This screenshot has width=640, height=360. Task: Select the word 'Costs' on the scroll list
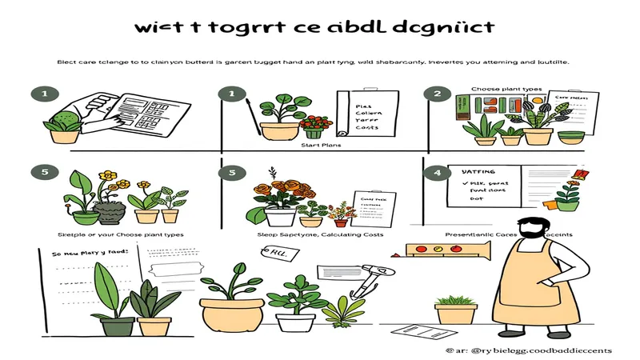point(366,128)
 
